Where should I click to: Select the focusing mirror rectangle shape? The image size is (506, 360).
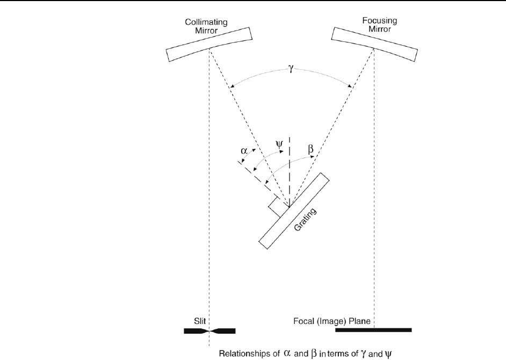click(374, 43)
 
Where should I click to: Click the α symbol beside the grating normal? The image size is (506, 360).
click(244, 152)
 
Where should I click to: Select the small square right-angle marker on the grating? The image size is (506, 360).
click(277, 207)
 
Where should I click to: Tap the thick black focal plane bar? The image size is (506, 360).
click(373, 330)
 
